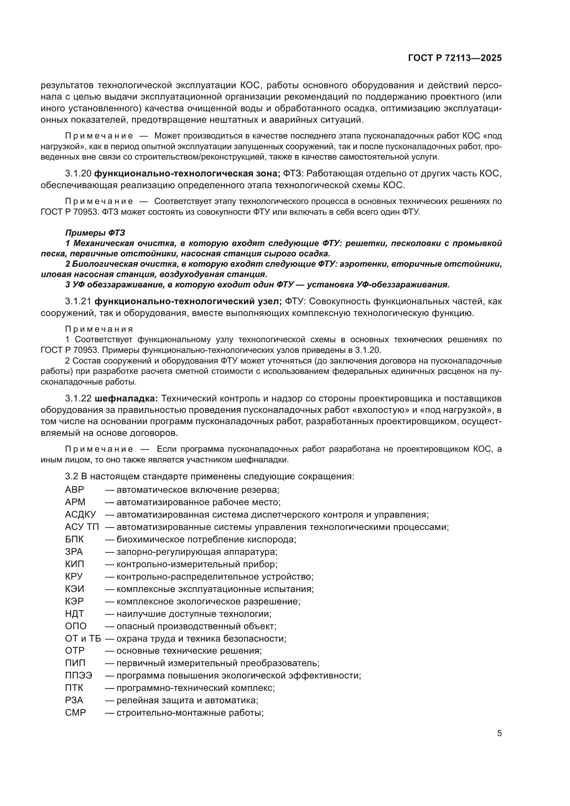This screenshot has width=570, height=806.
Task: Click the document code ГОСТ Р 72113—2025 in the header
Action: [x=455, y=58]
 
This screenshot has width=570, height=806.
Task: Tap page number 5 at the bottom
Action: [x=499, y=733]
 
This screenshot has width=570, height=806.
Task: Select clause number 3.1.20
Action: [x=78, y=174]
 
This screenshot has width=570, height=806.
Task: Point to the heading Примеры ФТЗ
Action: [x=95, y=233]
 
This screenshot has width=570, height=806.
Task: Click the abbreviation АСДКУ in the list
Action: [x=80, y=514]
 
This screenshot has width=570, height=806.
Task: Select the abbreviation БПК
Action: [x=74, y=539]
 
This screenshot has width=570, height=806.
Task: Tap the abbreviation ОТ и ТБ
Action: [x=83, y=638]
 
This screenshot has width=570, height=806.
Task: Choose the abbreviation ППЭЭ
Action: [x=79, y=675]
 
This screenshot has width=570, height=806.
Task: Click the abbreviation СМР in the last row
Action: [x=75, y=713]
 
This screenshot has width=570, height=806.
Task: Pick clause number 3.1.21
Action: [x=78, y=302]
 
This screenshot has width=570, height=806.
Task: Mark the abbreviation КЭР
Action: [x=74, y=601]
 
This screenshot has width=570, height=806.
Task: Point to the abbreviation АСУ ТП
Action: [x=82, y=527]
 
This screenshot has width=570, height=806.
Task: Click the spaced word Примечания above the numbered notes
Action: [x=99, y=329]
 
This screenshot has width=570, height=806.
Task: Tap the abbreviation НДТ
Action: [x=74, y=614]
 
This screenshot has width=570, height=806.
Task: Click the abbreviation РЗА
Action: [x=74, y=700]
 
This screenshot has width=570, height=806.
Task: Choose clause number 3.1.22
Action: [x=78, y=398]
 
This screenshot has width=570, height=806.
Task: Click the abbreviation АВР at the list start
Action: [x=74, y=490]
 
